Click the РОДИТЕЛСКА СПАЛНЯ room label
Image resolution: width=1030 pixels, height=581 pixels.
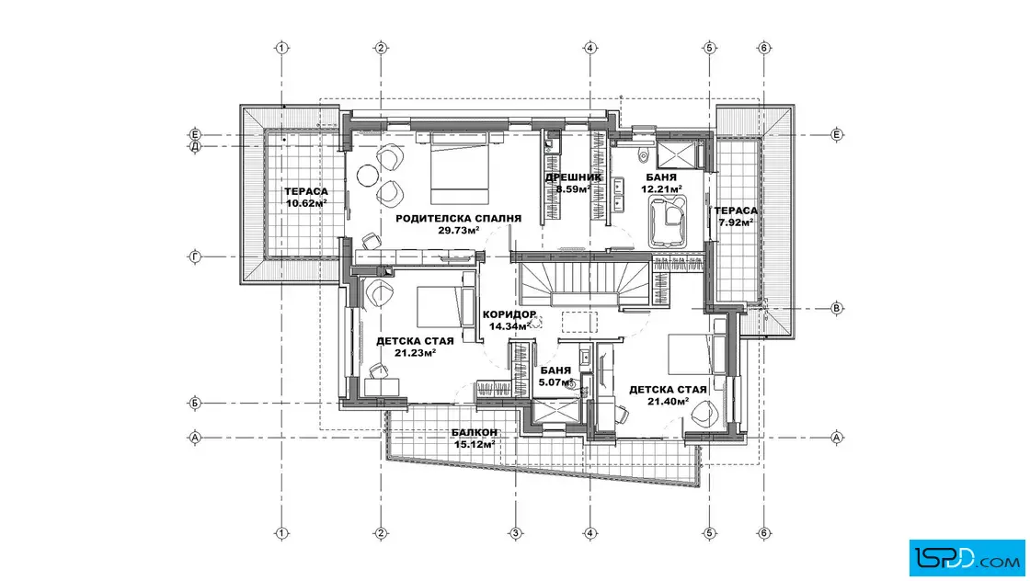click(x=459, y=219)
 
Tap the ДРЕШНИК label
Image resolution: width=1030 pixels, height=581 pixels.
click(x=574, y=177)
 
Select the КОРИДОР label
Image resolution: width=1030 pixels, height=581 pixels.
click(x=509, y=314)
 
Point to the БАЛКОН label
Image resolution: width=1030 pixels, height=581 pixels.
click(x=475, y=433)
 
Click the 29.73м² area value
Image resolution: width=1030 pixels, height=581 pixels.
click(x=459, y=231)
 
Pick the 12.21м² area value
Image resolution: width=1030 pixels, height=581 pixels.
click(x=661, y=189)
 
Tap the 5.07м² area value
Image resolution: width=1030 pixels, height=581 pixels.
click(x=555, y=382)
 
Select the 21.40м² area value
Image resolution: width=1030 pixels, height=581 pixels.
click(x=668, y=401)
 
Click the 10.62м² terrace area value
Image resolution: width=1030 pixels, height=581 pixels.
click(x=307, y=203)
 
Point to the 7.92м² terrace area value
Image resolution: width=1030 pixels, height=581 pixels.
click(x=736, y=222)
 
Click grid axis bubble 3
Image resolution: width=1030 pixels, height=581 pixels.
click(x=516, y=533)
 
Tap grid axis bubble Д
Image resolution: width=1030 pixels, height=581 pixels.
click(x=195, y=146)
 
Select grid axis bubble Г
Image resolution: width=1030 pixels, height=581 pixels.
click(x=195, y=257)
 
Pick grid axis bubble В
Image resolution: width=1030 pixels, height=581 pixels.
click(x=837, y=308)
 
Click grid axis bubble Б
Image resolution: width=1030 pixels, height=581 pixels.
click(x=195, y=403)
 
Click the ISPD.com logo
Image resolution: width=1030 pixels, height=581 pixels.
click(x=967, y=558)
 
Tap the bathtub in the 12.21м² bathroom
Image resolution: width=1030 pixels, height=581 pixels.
click(x=668, y=221)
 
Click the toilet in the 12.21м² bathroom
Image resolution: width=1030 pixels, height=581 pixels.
click(x=643, y=155)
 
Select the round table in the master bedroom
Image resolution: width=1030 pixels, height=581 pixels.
click(x=367, y=175)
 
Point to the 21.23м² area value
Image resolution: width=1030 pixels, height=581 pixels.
click(x=415, y=353)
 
